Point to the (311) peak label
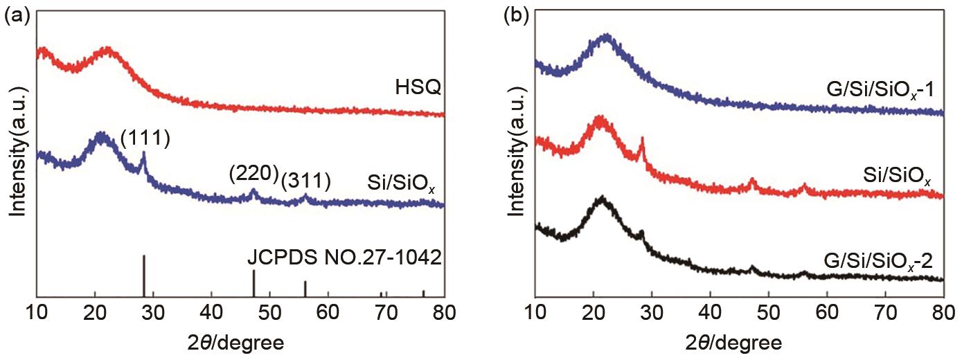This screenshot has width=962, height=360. [305, 181]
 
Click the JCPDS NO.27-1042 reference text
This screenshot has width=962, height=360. [345, 260]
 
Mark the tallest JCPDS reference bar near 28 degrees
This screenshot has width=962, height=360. [144, 276]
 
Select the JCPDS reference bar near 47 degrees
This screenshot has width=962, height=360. [253, 284]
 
